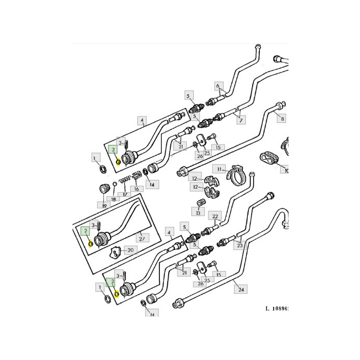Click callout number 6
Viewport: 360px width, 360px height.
tap(218, 86)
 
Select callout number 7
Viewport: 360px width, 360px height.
tap(241, 120)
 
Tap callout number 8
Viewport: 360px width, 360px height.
tap(282, 118)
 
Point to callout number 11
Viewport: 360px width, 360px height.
tap(219, 169)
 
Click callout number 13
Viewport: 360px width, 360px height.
tap(198, 212)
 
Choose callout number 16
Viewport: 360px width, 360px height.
tap(136, 189)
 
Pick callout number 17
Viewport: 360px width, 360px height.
tap(124, 195)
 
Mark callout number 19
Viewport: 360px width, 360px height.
tap(104, 206)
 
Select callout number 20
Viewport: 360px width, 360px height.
tap(131, 250)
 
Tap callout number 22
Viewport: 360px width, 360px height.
tap(215, 217)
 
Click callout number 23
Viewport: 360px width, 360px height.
tap(240, 245)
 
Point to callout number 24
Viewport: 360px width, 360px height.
tap(241, 289)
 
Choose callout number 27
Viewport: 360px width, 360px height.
tap(142, 239)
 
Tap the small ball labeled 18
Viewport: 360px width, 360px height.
tap(114, 184)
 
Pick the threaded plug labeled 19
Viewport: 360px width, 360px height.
tap(104, 189)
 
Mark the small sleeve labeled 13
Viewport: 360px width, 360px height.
tap(202, 203)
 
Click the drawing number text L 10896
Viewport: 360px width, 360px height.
tap(277, 308)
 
